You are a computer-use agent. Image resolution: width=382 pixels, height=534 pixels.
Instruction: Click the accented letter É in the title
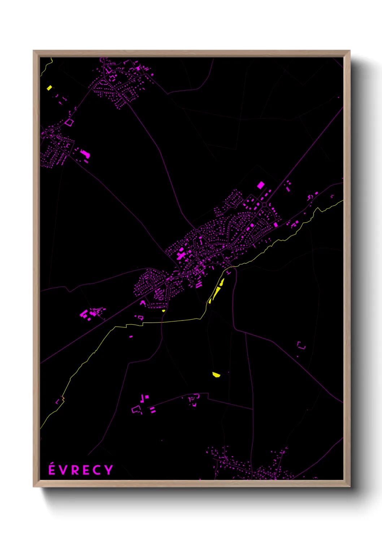[x=52, y=469]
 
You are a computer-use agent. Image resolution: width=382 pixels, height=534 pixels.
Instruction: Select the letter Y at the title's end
[x=109, y=470]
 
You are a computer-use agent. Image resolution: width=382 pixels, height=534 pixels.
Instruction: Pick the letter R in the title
[x=74, y=470]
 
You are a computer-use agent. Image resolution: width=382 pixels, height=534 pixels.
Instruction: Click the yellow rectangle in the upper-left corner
[x=49, y=88]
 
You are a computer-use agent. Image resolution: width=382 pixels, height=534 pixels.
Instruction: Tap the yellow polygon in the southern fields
[x=216, y=375]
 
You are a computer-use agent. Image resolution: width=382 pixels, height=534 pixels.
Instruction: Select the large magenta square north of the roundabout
[x=261, y=185]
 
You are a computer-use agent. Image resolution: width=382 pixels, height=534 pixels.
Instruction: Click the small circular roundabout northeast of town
[x=264, y=205]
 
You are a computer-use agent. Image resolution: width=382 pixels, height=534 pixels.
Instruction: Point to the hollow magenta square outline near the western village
[x=69, y=123]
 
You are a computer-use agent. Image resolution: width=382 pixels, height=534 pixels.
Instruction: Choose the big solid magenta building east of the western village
[x=85, y=154]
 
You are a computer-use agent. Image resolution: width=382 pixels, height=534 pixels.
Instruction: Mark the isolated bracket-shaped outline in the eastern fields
[x=301, y=346]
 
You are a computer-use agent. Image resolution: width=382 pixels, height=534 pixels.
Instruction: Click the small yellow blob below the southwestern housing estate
[x=164, y=310]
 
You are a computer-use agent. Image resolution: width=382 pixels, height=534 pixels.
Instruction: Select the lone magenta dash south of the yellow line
[x=131, y=337]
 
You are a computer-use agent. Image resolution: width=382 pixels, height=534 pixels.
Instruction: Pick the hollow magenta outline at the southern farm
[x=136, y=410]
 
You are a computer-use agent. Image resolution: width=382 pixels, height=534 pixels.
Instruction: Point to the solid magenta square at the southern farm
[x=147, y=397]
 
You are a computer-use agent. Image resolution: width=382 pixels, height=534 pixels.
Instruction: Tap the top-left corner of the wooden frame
[x=34, y=51]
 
